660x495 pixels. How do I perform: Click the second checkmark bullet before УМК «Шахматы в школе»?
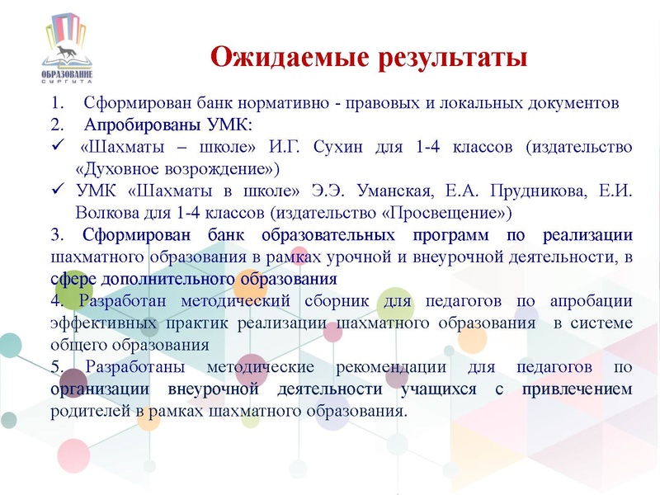[56, 191]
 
